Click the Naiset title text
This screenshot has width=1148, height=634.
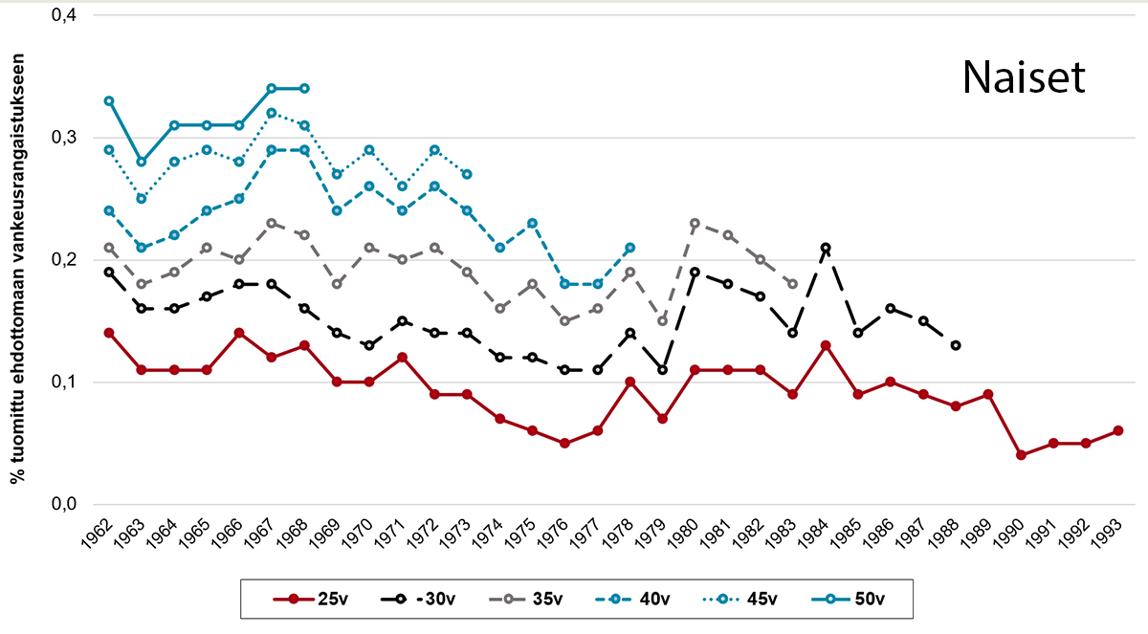1024,78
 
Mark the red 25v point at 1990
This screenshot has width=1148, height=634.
1021,455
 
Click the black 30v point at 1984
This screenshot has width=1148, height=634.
825,248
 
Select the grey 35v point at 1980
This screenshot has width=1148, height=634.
695,224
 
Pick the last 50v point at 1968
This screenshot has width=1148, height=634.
304,88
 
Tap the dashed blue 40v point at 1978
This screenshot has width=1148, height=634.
629,248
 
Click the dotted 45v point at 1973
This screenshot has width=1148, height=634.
467,174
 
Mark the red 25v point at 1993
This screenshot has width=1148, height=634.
1118,431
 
